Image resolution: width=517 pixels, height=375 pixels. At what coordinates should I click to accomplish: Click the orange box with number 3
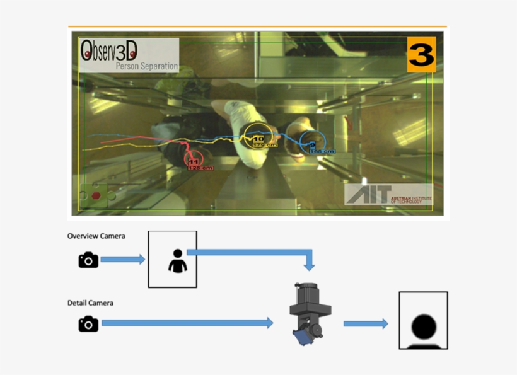point(421,55)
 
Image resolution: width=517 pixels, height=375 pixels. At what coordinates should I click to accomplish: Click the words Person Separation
point(146,66)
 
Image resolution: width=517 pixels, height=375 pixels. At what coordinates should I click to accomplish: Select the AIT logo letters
point(369,193)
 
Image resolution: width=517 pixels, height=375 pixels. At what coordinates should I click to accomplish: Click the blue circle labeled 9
point(313,144)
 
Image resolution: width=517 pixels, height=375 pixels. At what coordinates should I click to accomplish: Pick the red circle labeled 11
point(195,161)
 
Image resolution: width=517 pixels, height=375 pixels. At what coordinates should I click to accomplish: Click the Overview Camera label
point(96,236)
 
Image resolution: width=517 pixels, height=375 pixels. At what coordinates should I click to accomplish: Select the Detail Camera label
point(90,303)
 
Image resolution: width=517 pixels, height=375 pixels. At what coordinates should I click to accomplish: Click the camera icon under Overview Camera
point(88,260)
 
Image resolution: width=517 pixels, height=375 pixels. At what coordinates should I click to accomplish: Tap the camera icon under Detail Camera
point(88,323)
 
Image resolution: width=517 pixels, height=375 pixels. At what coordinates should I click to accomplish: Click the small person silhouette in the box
point(177,260)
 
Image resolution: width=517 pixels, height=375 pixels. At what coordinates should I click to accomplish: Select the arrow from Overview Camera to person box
point(123,259)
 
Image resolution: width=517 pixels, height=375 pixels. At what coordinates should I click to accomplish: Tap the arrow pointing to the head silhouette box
point(365,323)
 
